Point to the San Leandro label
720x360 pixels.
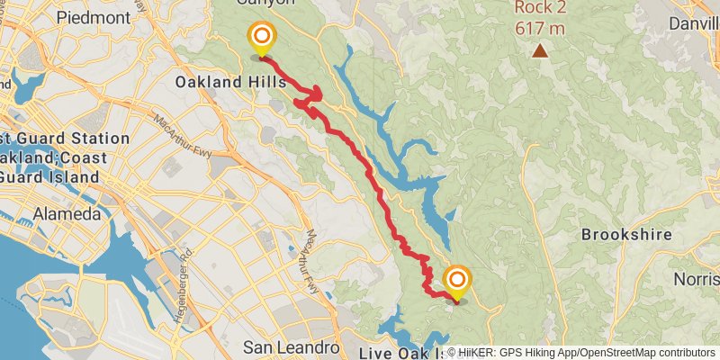coord(292,346)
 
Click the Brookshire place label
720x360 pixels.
coord(626,234)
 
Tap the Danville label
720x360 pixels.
coord(695,17)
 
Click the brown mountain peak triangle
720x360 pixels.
coord(540,51)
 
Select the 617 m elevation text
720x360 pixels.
coord(540,28)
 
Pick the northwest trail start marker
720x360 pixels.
coord(262,36)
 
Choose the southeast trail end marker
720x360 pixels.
coord(457,279)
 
